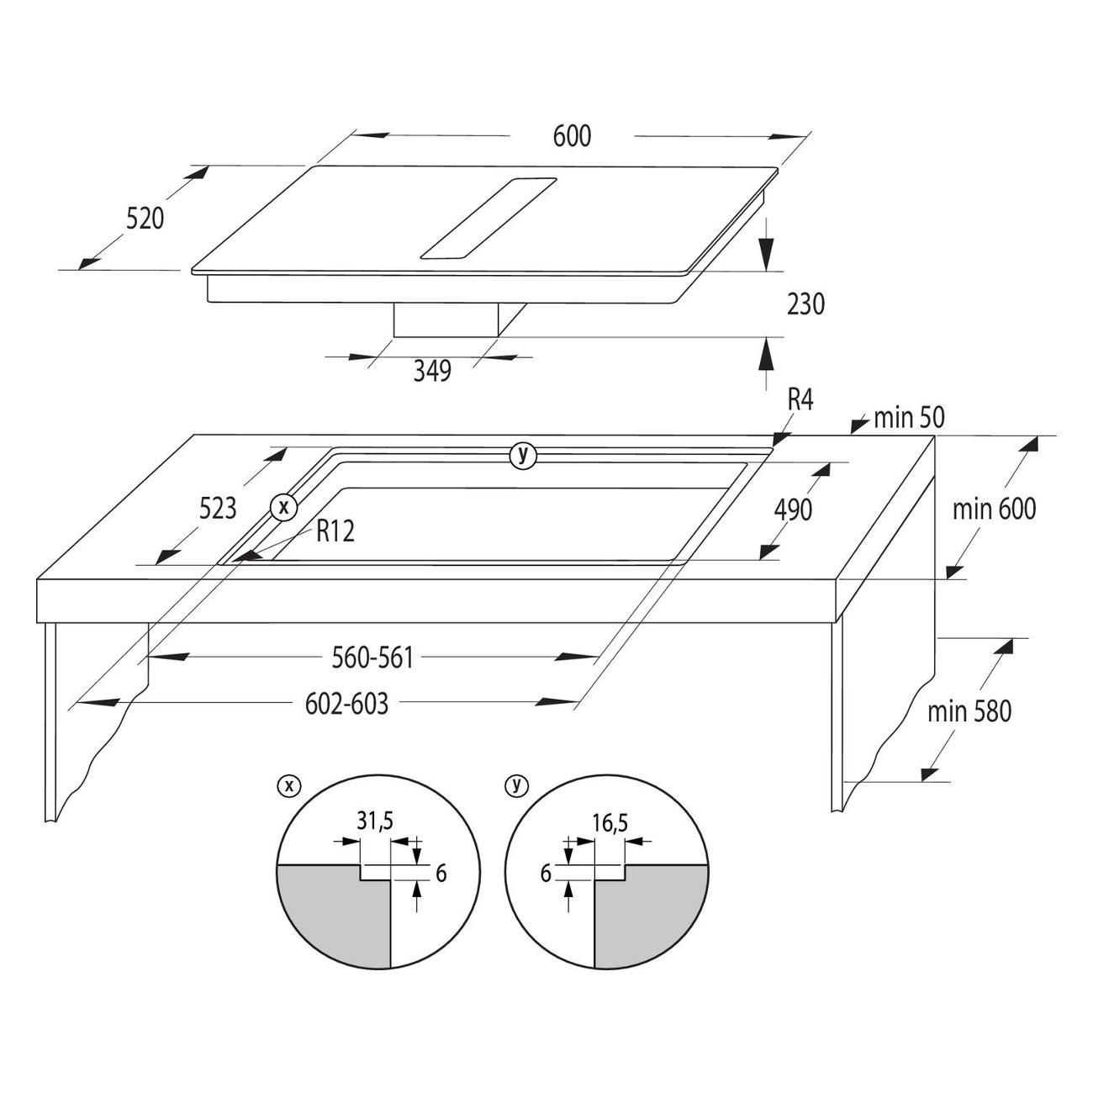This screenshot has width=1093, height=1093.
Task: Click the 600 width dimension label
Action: pyautogui.click(x=572, y=136)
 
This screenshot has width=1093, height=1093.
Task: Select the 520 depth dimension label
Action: pyautogui.click(x=145, y=219)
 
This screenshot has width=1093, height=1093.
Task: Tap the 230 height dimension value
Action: pyautogui.click(x=805, y=304)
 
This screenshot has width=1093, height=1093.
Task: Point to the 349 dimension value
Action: pyautogui.click(x=432, y=371)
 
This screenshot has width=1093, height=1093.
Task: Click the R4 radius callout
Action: pyautogui.click(x=800, y=400)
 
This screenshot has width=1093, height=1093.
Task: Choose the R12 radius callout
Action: pyautogui.click(x=335, y=531)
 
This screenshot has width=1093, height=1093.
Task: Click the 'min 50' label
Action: pyautogui.click(x=909, y=418)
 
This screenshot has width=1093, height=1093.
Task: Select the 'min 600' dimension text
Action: pyautogui.click(x=995, y=510)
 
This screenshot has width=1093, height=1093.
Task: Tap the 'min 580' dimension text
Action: pyautogui.click(x=969, y=711)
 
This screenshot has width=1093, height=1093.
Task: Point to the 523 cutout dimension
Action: pyautogui.click(x=218, y=509)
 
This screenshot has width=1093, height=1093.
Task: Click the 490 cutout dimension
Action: pyautogui.click(x=793, y=510)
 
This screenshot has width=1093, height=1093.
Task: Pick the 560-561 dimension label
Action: pyautogui.click(x=372, y=658)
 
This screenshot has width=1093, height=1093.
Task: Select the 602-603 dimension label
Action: pyautogui.click(x=346, y=704)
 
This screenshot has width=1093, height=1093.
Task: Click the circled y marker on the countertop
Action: pyautogui.click(x=523, y=456)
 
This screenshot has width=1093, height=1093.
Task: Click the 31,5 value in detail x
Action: pyautogui.click(x=375, y=821)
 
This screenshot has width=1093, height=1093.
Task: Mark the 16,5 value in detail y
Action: pyautogui.click(x=610, y=823)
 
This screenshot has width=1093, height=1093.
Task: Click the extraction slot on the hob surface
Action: pyautogui.click(x=488, y=219)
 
